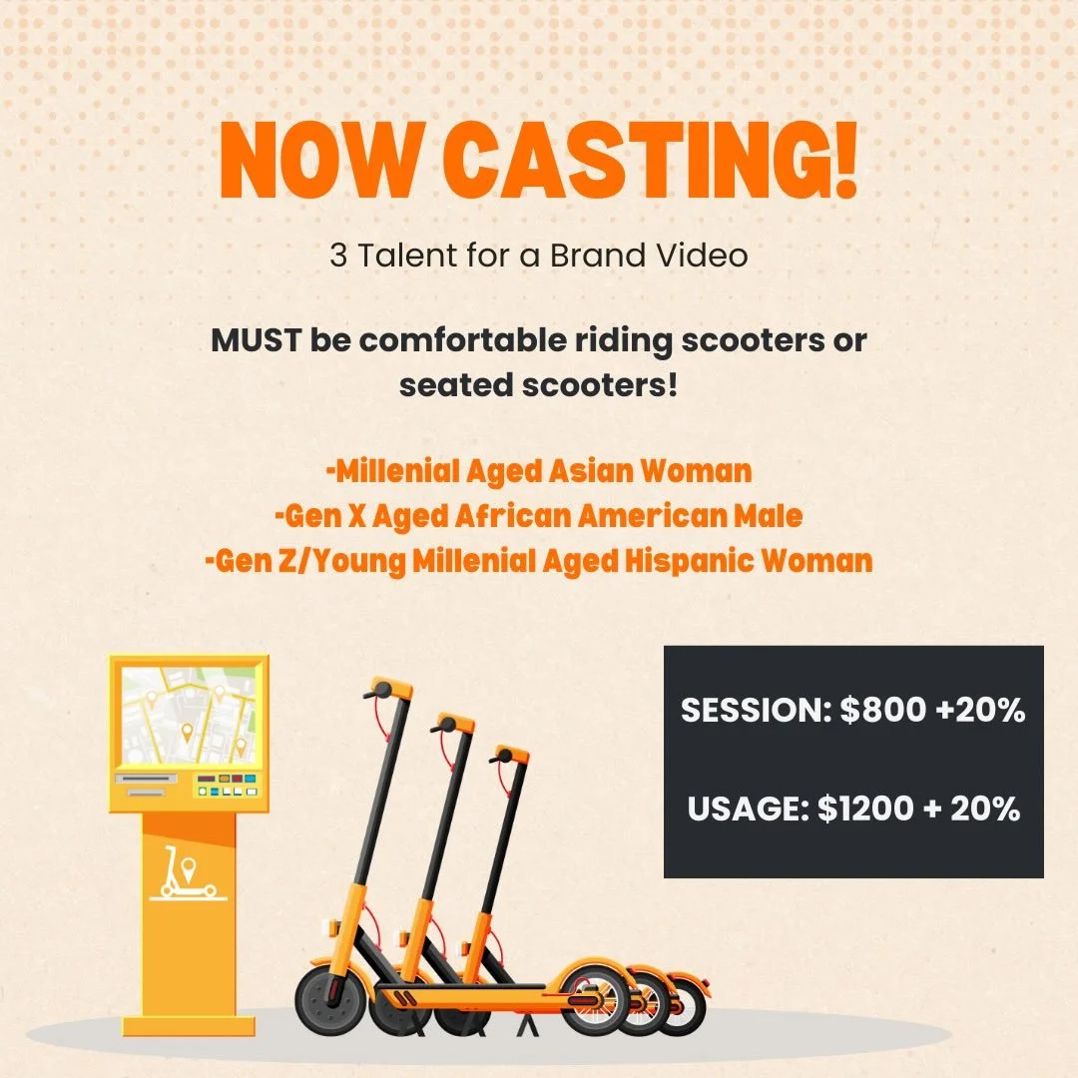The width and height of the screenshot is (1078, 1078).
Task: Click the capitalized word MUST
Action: (255, 340)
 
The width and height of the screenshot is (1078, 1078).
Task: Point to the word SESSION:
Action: (755, 711)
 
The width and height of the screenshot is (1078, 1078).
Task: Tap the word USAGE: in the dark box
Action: (747, 808)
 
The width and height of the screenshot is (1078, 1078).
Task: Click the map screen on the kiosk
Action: (189, 713)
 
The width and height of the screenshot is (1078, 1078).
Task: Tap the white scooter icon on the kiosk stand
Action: (188, 875)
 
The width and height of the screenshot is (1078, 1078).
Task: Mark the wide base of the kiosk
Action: (188, 1025)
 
